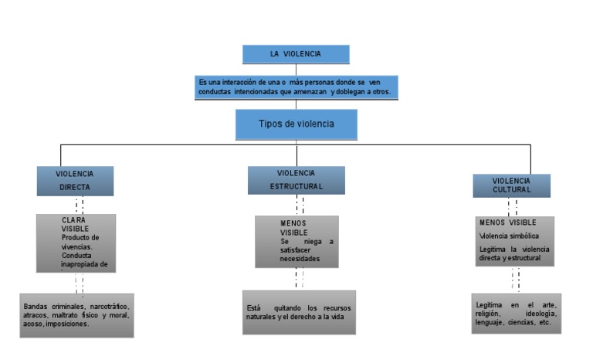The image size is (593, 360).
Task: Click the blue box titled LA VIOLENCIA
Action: click(x=296, y=54)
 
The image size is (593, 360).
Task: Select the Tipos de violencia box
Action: click(x=296, y=124)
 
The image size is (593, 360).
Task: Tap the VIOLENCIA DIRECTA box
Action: click(x=75, y=181)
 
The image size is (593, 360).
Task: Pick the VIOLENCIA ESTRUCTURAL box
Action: click(x=296, y=179)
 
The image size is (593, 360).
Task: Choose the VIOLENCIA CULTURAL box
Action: click(x=511, y=185)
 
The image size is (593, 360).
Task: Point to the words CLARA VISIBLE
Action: click(x=75, y=224)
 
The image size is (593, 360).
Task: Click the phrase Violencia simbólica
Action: click(x=509, y=235)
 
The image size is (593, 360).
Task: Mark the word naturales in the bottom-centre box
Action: click(x=263, y=318)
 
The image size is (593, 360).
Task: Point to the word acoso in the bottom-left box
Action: click(x=32, y=324)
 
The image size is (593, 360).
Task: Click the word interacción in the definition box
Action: click(x=236, y=81)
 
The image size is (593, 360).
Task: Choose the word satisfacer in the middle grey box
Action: click(x=302, y=250)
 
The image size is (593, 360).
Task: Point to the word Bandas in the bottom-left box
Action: click(x=36, y=306)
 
